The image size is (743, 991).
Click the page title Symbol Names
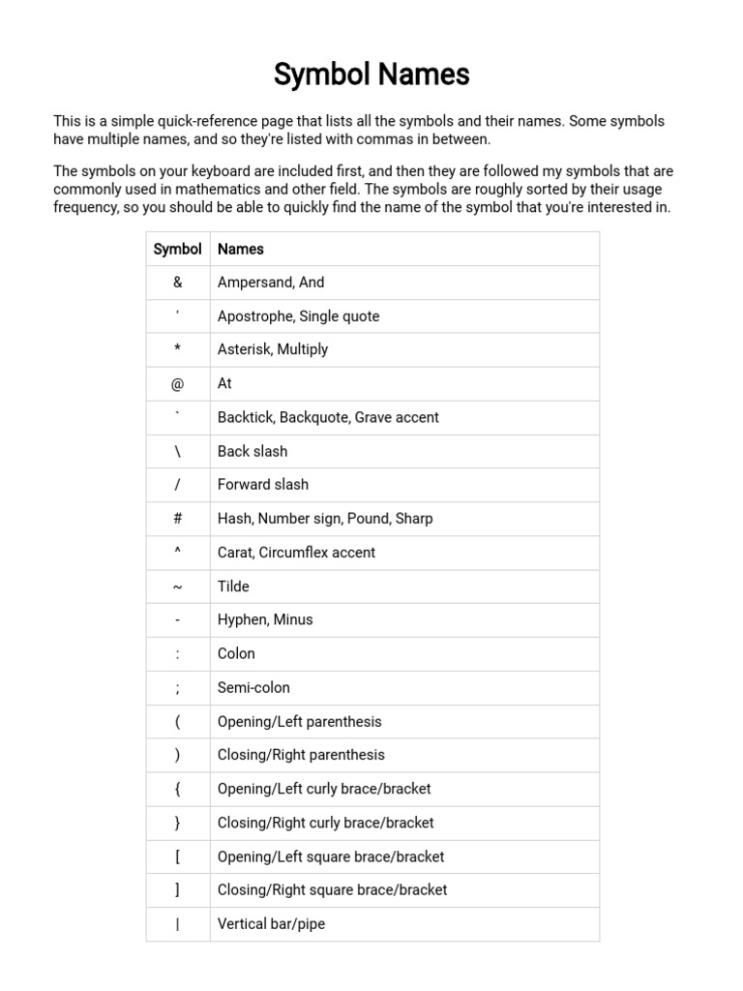[x=371, y=75]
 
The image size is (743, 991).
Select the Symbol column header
[x=178, y=249]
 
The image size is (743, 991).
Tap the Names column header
[x=241, y=249]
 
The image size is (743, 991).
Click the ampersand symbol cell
[x=178, y=283]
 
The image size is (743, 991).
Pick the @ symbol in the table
[x=178, y=384]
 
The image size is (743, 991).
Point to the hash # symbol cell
[x=178, y=519]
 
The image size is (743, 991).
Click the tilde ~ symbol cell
[x=178, y=586]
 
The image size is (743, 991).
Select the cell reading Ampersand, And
[x=271, y=283]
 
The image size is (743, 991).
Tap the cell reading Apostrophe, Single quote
[x=298, y=316]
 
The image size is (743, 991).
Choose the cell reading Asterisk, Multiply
[x=273, y=349]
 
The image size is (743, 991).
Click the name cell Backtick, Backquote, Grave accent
[x=328, y=417]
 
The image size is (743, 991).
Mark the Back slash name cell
[x=253, y=451]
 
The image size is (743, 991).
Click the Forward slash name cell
[x=263, y=485]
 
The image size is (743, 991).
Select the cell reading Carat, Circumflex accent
[x=296, y=553]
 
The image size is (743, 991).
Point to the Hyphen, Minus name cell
[x=265, y=619]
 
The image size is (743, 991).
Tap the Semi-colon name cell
[x=253, y=687]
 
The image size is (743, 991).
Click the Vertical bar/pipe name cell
[x=271, y=923]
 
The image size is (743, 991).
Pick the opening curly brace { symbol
[x=178, y=789]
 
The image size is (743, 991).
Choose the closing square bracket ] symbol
[x=178, y=889]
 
